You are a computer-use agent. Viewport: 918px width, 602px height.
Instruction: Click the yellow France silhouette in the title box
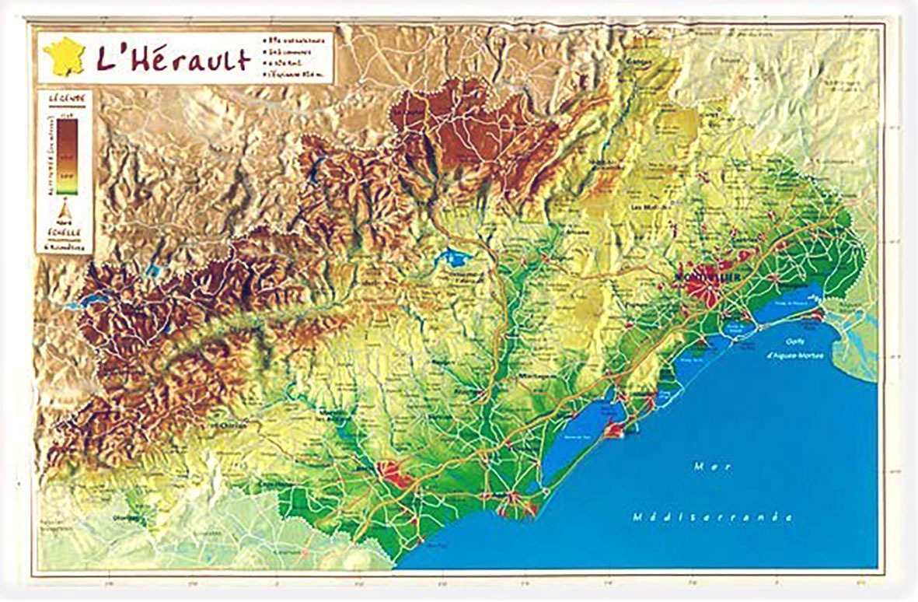(64, 57)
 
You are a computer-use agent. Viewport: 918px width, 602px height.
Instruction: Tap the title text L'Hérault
(173, 59)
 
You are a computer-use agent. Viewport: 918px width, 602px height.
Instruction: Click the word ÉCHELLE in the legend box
(65, 230)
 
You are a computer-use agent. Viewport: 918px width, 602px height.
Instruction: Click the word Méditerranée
(711, 517)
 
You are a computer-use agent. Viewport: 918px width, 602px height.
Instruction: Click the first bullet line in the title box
(298, 39)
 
